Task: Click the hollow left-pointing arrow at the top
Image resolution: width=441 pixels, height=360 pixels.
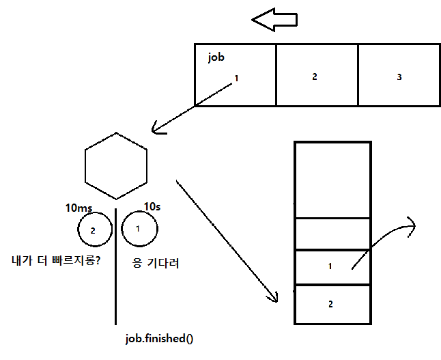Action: [x=274, y=20]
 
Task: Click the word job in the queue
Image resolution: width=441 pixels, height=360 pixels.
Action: [x=216, y=57]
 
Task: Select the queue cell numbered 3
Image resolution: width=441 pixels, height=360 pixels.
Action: [x=399, y=76]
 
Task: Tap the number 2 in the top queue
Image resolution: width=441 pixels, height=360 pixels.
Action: [x=315, y=77]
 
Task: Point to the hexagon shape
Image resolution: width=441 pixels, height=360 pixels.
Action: [x=116, y=164]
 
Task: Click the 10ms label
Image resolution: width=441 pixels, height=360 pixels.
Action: [x=79, y=208]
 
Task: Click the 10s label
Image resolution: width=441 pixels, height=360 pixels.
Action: [x=153, y=206]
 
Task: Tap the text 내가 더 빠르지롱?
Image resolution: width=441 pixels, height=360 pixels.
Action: [x=57, y=260]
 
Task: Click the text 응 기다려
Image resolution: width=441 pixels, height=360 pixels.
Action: [x=154, y=262]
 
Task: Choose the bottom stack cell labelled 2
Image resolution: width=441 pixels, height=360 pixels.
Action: [x=332, y=304]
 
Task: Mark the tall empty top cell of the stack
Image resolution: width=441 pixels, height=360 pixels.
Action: [x=332, y=180]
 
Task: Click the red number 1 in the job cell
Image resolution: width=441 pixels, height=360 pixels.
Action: [x=236, y=78]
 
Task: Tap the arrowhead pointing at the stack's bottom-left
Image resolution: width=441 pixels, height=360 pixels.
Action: [x=274, y=297]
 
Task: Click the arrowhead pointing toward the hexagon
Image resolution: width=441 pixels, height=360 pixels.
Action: [x=156, y=128]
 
